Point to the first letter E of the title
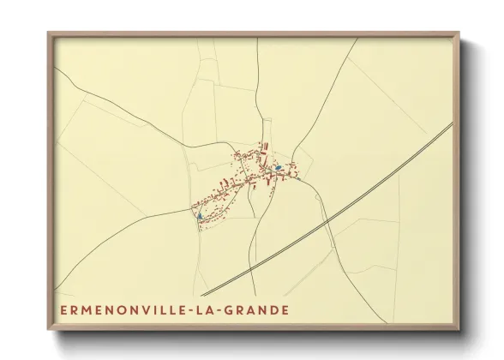tap(63, 309)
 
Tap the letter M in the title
tap(87, 309)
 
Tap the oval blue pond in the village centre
tap(279, 167)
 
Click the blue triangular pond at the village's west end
tap(200, 217)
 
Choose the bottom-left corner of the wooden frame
tap(49, 330)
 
